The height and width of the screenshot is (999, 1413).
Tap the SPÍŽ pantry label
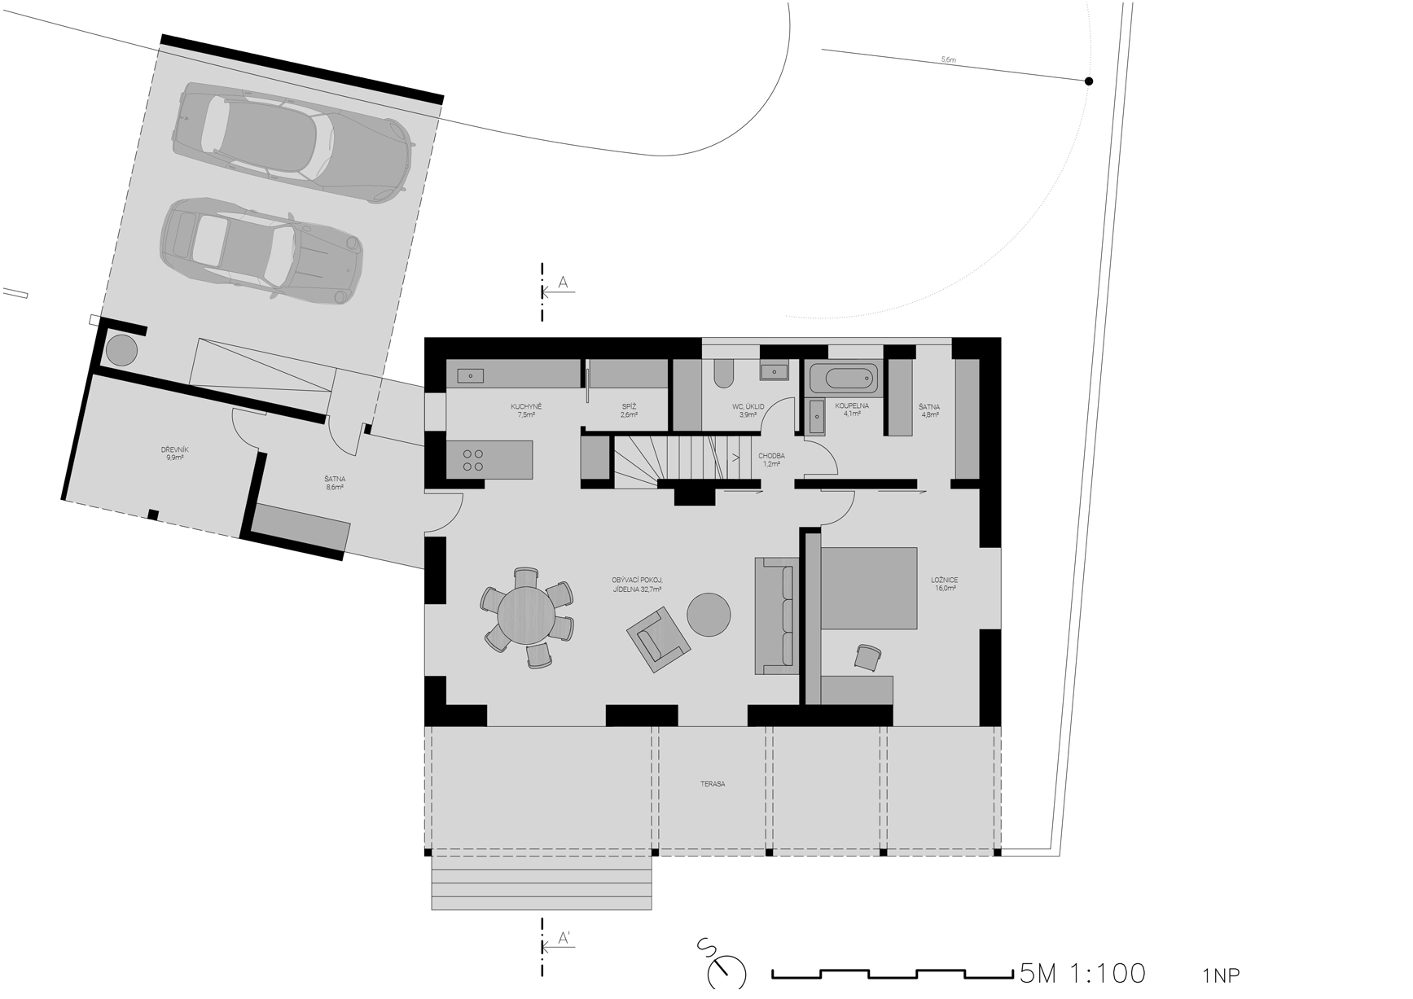[x=629, y=406]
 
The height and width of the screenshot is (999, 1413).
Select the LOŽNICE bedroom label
[x=945, y=581]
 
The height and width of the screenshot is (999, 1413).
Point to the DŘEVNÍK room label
[x=175, y=449]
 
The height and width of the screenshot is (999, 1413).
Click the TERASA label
[x=713, y=784]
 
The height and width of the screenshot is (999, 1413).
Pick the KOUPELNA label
[x=852, y=405]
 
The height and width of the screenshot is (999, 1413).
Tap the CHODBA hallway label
[x=771, y=456]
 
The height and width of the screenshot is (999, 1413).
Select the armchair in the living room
[x=659, y=639]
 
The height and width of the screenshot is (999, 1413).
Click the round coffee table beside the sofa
[x=709, y=614]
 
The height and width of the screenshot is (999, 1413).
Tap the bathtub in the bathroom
[x=843, y=379]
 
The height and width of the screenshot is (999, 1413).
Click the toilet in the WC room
[x=723, y=372]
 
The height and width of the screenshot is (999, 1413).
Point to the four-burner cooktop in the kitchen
[x=472, y=460]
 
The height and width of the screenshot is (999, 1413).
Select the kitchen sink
[x=471, y=375]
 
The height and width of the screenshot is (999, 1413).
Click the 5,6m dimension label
[x=948, y=59]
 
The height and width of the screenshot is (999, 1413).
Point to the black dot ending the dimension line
[x=1089, y=81]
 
